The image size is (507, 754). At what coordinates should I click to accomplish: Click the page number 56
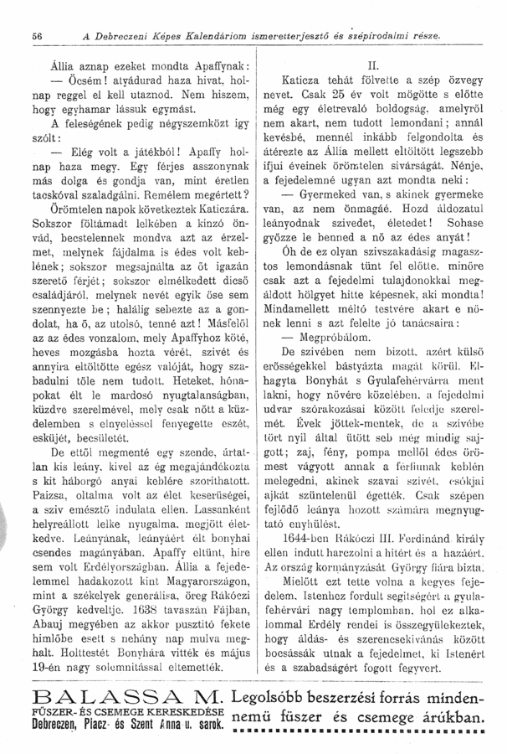point(37,35)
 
